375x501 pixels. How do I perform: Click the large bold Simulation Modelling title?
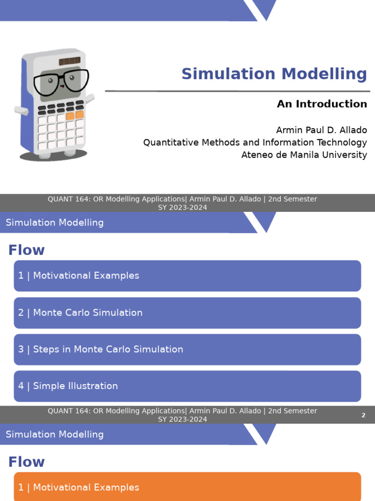click(x=274, y=74)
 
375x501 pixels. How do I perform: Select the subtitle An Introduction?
click(x=322, y=104)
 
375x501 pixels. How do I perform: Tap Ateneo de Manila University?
click(x=304, y=155)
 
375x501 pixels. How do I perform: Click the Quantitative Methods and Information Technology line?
click(x=255, y=142)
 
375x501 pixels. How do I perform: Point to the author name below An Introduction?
click(x=321, y=130)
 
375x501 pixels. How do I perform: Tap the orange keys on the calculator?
click(x=75, y=115)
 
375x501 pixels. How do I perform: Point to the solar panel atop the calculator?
click(x=69, y=61)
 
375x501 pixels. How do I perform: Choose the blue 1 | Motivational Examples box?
click(x=187, y=276)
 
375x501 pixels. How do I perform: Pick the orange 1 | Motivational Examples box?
click(x=187, y=487)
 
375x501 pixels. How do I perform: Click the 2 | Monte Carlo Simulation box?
click(x=187, y=313)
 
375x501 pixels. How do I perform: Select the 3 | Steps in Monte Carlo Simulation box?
click(x=187, y=349)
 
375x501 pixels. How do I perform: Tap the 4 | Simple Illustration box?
click(x=187, y=386)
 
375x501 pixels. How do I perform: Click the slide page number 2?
click(x=363, y=415)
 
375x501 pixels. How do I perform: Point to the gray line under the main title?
click(x=237, y=91)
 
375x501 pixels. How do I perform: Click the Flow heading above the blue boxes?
click(x=26, y=250)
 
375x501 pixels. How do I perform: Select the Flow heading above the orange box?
click(x=26, y=462)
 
